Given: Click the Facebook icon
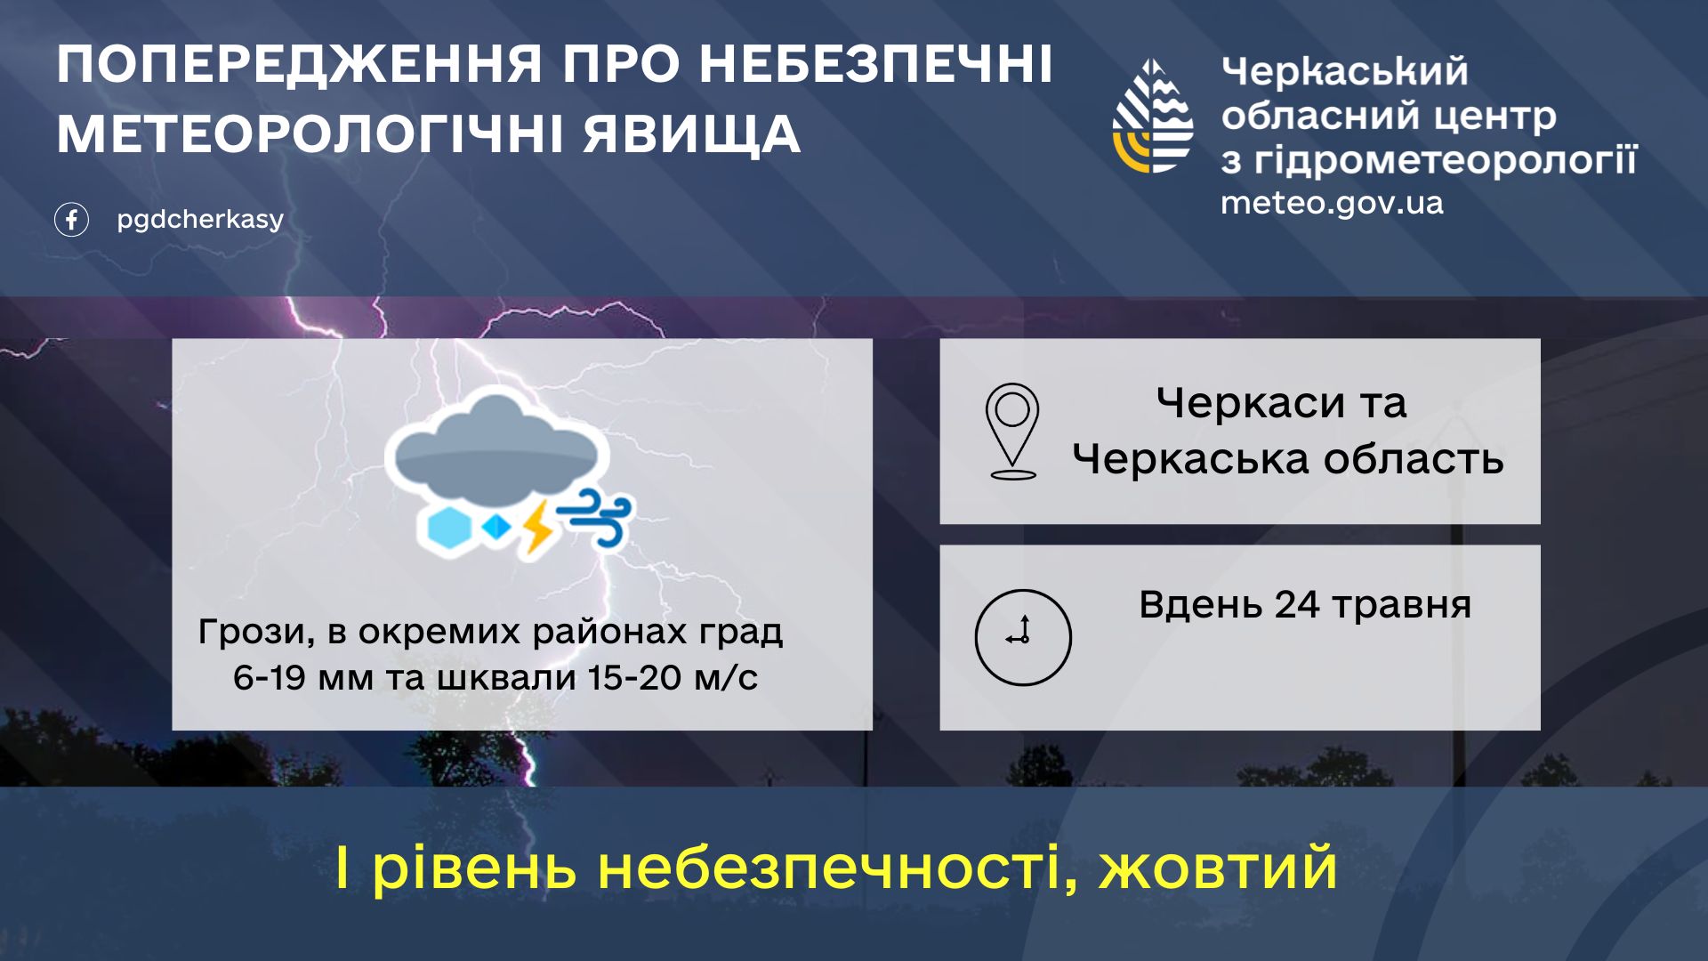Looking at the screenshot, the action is coord(71,219).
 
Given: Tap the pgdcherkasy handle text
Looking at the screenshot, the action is coord(200,219).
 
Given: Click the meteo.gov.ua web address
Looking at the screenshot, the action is coord(1332,204).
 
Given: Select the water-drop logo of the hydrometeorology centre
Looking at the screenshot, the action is coord(1153,116).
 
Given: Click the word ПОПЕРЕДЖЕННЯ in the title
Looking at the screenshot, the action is coord(300,65).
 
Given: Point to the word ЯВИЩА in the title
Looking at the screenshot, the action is coord(692,134).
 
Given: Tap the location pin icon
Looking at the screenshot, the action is coord(1012,432).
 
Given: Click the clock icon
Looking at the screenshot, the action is coord(1023,637).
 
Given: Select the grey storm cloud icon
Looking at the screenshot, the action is coord(496,445).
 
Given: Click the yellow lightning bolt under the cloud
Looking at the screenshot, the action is coord(536,527).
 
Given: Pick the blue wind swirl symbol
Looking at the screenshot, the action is coord(594,517).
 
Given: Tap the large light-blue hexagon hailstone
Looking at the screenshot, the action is coord(449,528).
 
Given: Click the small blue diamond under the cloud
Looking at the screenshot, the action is coord(496,528).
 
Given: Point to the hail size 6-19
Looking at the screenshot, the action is coord(270,678).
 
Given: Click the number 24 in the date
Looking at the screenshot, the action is coord(1298,605).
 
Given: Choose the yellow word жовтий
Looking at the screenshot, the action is coord(1218,867).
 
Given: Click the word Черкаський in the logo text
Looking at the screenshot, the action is coord(1344,71).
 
